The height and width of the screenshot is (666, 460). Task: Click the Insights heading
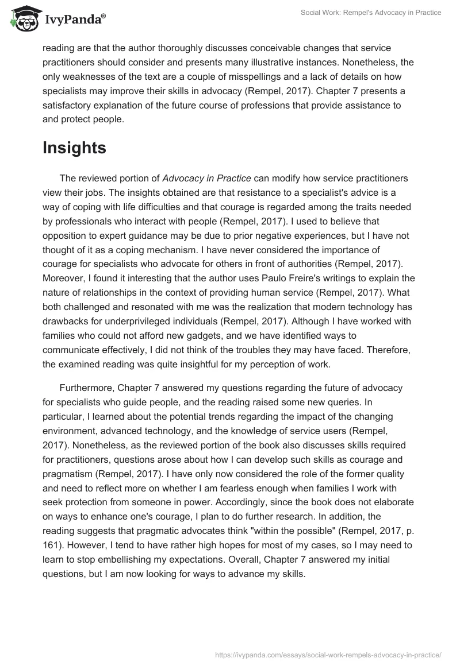[74, 148]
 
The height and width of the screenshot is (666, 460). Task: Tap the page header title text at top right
[371, 13]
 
